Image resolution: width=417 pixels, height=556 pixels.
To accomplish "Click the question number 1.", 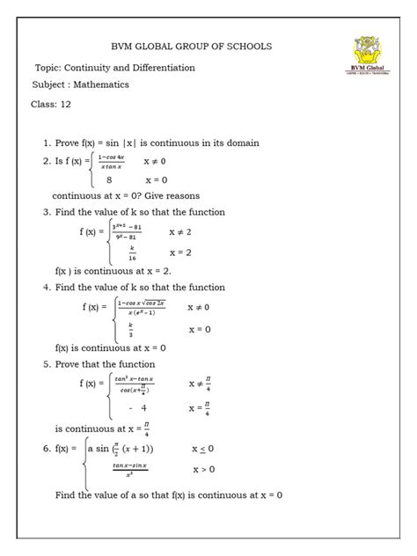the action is tap(47, 143).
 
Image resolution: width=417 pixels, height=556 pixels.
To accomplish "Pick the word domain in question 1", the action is tap(238, 143).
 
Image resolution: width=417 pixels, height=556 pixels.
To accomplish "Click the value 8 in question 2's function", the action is tap(109, 179).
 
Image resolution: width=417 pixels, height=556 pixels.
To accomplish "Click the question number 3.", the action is tap(47, 213).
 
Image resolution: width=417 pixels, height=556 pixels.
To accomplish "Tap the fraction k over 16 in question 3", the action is tap(131, 252).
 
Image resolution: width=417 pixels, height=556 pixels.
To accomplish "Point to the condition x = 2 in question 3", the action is tap(180, 252).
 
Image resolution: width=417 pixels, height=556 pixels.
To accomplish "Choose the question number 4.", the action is tap(47, 288).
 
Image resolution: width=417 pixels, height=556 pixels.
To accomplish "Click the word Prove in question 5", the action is tap(75, 364).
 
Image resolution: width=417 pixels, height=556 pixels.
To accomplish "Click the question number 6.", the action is tap(47, 449).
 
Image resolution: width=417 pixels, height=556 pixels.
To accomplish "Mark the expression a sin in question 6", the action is tap(103, 449).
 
